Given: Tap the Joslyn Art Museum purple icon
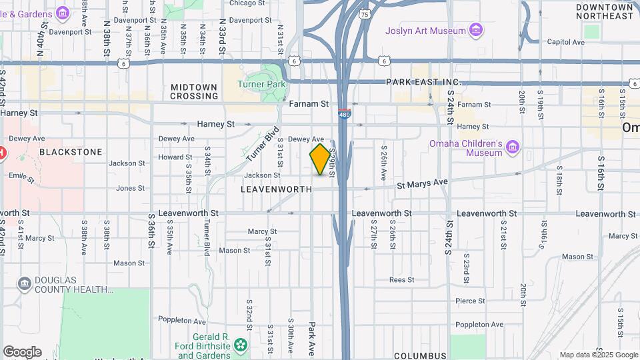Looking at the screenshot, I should click(x=476, y=31).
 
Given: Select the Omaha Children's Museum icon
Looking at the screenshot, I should click(x=512, y=147).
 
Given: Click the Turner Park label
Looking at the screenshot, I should click(x=262, y=85).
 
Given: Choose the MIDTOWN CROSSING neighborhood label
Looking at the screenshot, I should click(x=194, y=91).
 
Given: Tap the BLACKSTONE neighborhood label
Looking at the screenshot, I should click(x=71, y=152).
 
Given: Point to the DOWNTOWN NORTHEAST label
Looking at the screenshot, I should click(x=605, y=11).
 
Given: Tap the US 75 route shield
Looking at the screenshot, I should click(x=364, y=13).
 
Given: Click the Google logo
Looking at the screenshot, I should click(x=22, y=352).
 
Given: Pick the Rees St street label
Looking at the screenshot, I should click(x=402, y=280).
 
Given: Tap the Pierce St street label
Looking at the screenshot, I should click(x=471, y=301).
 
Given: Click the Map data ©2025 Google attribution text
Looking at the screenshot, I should click(x=598, y=355).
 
